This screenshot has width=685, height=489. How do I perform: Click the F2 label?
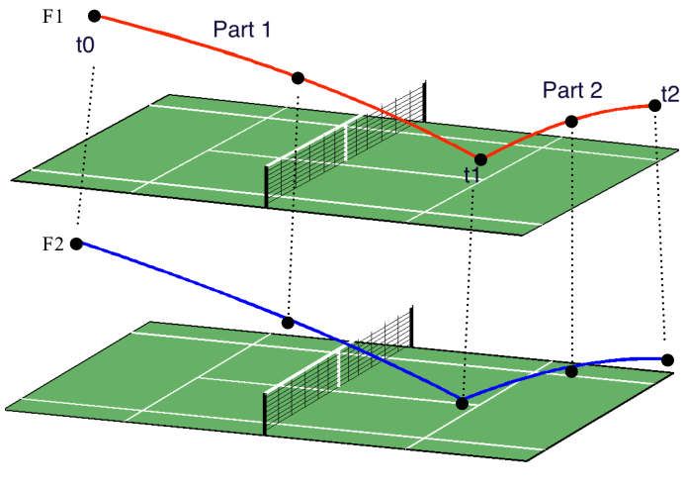[x=52, y=244]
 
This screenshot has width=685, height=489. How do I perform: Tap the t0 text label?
[x=87, y=46]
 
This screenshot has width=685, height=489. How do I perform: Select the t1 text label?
[x=472, y=176]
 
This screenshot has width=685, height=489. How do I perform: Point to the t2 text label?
[x=669, y=95]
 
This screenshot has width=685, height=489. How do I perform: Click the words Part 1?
[x=241, y=30]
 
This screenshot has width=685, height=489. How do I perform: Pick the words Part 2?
[x=571, y=91]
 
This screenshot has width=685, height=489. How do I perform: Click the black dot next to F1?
[x=94, y=16]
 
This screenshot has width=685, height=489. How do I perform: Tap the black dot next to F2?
[x=76, y=244]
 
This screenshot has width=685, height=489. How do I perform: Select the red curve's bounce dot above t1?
[x=480, y=158]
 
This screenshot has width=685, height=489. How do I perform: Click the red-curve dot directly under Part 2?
[x=571, y=121]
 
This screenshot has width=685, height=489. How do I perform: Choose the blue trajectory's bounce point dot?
[x=462, y=402]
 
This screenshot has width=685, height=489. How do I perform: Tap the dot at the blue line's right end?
[x=668, y=359]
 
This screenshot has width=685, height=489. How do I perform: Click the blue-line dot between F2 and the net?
[x=288, y=323]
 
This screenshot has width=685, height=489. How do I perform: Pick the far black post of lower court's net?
[x=412, y=325]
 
